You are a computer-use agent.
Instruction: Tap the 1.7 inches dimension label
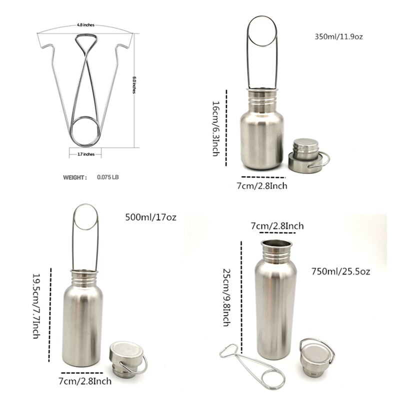click(85, 154)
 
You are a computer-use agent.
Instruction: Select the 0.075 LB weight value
click(107, 177)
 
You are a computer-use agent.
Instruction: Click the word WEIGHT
click(75, 177)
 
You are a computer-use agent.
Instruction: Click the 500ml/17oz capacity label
click(150, 217)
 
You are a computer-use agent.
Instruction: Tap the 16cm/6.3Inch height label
click(215, 128)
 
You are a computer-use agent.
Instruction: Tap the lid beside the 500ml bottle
click(126, 358)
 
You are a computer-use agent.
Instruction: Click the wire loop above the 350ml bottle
click(262, 32)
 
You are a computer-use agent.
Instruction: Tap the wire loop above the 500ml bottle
click(85, 217)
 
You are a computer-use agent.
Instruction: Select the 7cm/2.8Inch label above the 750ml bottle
click(276, 226)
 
